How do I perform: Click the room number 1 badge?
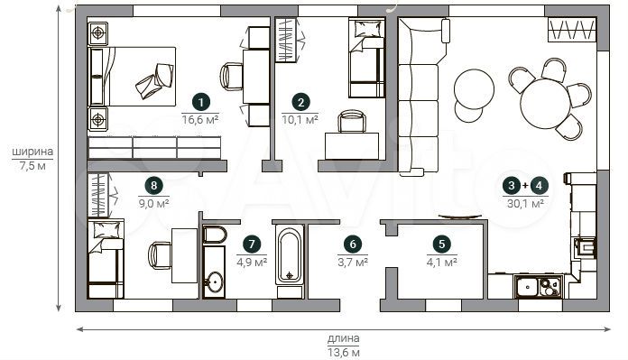tap(200, 102)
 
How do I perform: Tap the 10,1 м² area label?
tap(300, 119)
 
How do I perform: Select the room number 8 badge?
tap(153, 185)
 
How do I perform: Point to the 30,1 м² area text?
tap(525, 203)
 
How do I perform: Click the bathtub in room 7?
tap(289, 255)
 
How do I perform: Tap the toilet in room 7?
tap(215, 235)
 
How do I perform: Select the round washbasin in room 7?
tap(215, 282)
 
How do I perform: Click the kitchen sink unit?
tap(539, 287)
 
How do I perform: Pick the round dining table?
tap(545, 104)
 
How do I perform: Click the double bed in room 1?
tap(132, 77)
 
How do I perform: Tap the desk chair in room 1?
tap(232, 77)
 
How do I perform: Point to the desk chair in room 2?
tap(352, 121)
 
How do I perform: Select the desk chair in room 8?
tap(160, 256)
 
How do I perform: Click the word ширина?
tap(32, 152)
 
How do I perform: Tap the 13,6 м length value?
tap(344, 353)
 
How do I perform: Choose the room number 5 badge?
tap(442, 244)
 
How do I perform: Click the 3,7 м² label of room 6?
tap(353, 263)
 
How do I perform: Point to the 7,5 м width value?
tap(32, 166)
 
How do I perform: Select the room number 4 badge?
tap(539, 185)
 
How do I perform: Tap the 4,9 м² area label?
tap(252, 263)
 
